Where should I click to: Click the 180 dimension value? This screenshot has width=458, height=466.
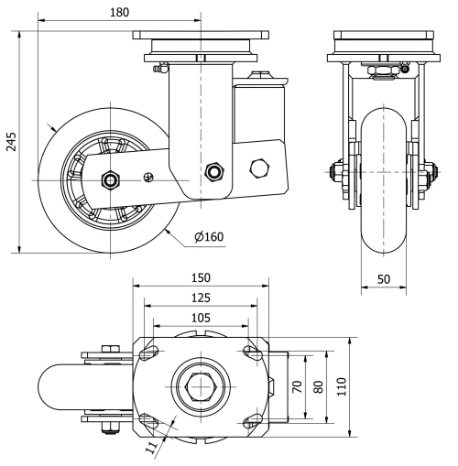pos(118,13)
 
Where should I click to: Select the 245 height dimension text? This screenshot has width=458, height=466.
pos(12,139)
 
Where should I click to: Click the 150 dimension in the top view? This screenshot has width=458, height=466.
pos(201,277)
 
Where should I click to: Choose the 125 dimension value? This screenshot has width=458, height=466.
pos(201,298)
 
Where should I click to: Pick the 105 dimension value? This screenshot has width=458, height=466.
pos(201,317)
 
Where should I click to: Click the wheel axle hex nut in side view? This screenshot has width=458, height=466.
pos(110,179)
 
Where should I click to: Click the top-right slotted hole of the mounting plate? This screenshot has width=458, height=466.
pos(249,351)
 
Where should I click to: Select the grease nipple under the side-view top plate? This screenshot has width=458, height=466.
pos(156,67)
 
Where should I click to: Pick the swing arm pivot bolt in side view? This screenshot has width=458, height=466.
pos(216,171)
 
